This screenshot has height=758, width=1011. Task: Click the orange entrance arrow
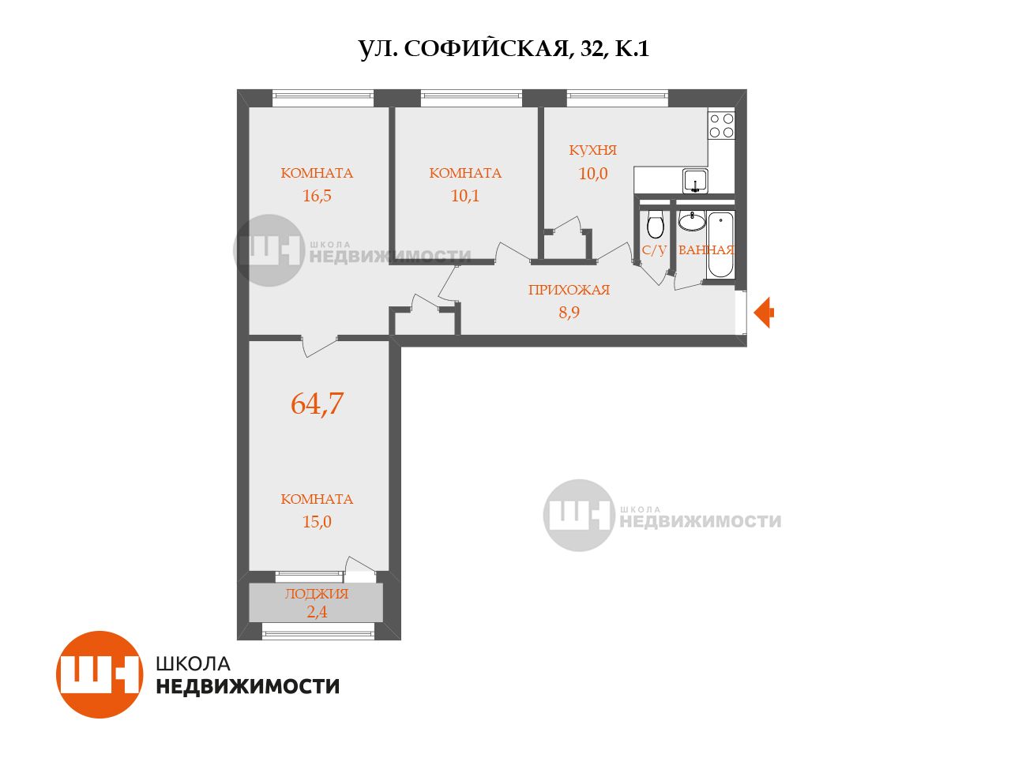(x=764, y=313)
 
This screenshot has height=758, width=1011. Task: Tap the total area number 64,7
(x=317, y=403)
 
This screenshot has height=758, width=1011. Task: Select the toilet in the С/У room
(x=655, y=223)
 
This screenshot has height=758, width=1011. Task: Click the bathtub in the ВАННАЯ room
(x=720, y=245)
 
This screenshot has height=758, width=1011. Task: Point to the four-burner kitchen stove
(x=721, y=126)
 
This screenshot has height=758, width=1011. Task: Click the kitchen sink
(x=695, y=182)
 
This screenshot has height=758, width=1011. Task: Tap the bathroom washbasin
(x=692, y=221)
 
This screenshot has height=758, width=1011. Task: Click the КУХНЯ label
(x=593, y=150)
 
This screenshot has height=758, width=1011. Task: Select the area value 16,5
(x=317, y=196)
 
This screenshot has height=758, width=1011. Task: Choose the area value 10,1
(x=465, y=196)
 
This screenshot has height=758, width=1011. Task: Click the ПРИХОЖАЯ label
(x=569, y=290)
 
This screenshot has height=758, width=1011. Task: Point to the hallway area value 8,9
(x=569, y=313)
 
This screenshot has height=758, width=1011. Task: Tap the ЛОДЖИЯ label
(x=317, y=594)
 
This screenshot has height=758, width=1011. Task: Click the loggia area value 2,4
(x=317, y=612)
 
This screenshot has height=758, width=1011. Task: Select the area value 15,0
(x=317, y=522)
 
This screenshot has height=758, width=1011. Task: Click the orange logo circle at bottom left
(x=100, y=674)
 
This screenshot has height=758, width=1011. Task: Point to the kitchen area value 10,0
(x=593, y=174)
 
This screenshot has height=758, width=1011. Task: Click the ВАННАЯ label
(x=706, y=250)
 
